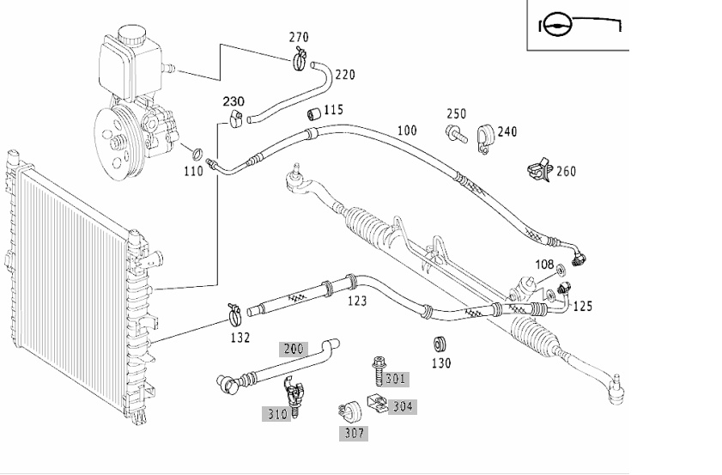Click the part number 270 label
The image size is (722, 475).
pyautogui.click(x=299, y=37)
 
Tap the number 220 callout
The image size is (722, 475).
pyautogui.click(x=345, y=74)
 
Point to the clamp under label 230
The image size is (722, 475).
pyautogui.click(x=235, y=119)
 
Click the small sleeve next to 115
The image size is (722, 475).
pyautogui.click(x=314, y=113)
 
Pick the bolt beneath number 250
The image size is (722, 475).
pyautogui.click(x=457, y=134)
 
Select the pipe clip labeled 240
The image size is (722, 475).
pyautogui.click(x=485, y=138)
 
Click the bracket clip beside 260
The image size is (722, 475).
pyautogui.click(x=539, y=169)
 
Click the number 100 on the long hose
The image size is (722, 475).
pyautogui.click(x=407, y=131)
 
